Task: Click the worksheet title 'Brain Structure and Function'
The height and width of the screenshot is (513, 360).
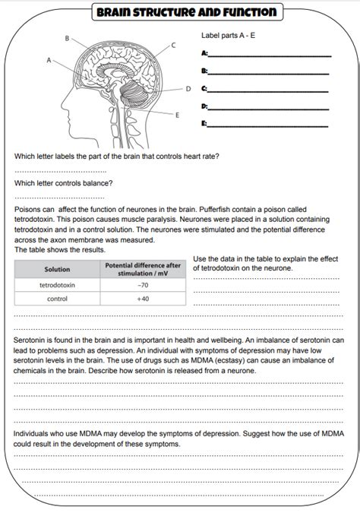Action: pos(187,12)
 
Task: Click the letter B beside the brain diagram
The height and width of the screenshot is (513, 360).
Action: pos(67,38)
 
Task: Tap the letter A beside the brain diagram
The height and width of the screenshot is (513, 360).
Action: pos(49,60)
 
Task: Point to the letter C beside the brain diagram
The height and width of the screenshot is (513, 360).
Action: pos(173,45)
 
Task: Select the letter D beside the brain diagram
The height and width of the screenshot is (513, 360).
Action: pos(188,89)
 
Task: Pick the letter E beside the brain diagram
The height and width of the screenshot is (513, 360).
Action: pos(177,116)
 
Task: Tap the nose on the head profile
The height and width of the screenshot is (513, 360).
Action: pos(63,104)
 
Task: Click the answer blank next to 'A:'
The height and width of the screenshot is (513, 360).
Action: pos(270,56)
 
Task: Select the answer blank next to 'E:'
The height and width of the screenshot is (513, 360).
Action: pos(267,126)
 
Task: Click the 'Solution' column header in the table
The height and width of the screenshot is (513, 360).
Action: pos(57,269)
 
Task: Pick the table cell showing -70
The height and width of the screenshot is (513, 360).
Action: pos(143,285)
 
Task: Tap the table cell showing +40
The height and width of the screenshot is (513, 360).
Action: pos(143,299)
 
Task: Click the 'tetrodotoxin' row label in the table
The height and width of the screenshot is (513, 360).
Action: pos(57,285)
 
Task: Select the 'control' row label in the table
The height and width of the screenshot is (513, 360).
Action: pos(57,299)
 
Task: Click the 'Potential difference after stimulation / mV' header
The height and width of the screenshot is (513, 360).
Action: pos(143,269)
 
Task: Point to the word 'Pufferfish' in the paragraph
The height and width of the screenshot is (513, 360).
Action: pos(214,210)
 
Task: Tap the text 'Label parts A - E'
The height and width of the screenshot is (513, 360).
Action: pos(229,35)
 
